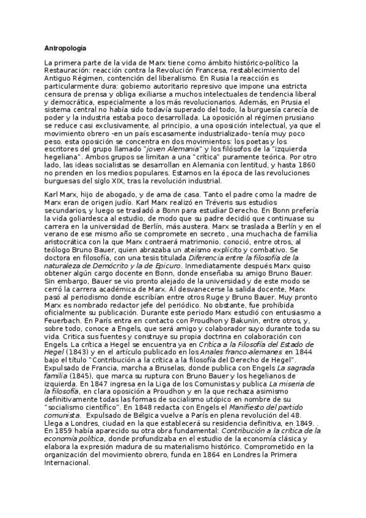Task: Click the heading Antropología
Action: [65, 48]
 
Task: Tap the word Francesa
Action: [182, 70]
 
